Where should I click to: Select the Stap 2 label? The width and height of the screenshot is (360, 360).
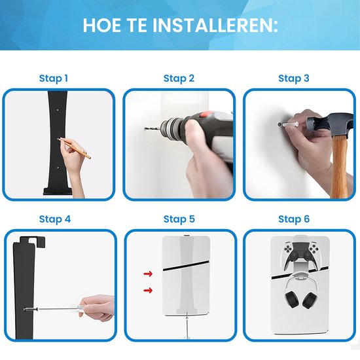179,79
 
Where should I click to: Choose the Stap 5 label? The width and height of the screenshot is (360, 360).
179,219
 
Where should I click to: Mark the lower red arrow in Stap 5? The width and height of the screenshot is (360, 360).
149,290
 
